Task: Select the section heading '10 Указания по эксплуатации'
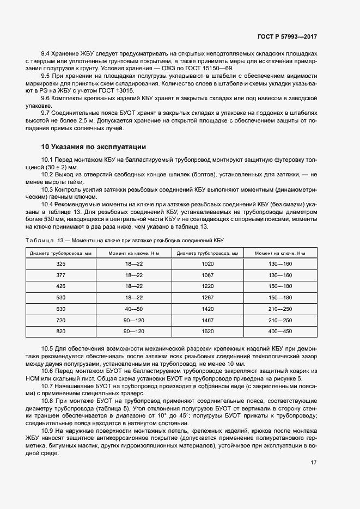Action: tap(94, 147)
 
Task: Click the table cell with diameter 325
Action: tap(60, 263)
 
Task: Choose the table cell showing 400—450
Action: tap(280, 332)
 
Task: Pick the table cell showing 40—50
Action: tap(133, 309)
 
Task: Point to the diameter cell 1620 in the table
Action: tap(208, 332)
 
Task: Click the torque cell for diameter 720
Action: tap(133, 320)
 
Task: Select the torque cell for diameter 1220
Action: tap(280, 286)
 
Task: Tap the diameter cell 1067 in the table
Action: tap(208, 275)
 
